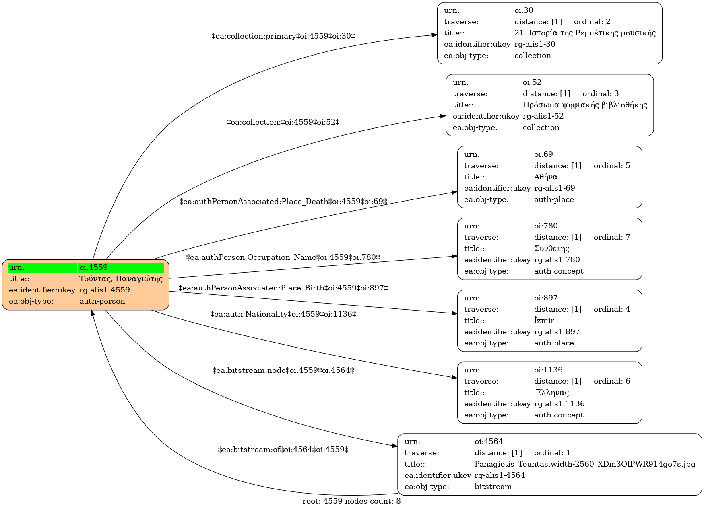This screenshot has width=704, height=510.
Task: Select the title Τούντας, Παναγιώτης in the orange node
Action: coord(121,279)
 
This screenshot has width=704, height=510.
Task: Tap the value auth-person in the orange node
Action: coord(102,301)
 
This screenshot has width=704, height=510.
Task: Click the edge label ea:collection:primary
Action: coord(283,36)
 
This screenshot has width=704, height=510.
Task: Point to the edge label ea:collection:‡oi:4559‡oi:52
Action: coord(283,122)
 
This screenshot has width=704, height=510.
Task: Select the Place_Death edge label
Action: coord(283,202)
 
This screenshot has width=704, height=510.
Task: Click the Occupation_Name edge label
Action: coord(283,257)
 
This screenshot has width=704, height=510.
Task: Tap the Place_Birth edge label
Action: coord(283,288)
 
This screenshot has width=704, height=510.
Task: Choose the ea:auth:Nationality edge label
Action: coord(283,314)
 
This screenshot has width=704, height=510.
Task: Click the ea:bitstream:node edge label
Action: coord(283,370)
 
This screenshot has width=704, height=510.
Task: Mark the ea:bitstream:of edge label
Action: coord(283,450)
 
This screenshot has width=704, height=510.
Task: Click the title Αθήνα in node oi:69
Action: coord(545,177)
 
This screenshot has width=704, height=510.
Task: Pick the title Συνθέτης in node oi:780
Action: coord(551,249)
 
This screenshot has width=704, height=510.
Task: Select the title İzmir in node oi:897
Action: coord(544,321)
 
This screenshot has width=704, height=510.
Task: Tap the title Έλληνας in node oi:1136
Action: coord(551,392)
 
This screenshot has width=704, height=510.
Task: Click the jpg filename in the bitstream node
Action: coord(585,464)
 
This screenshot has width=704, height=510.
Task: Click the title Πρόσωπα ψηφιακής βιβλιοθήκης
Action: coord(585,105)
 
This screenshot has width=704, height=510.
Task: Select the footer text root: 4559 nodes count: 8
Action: coord(351,501)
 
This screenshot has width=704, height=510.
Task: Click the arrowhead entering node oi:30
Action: coord(435,35)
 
